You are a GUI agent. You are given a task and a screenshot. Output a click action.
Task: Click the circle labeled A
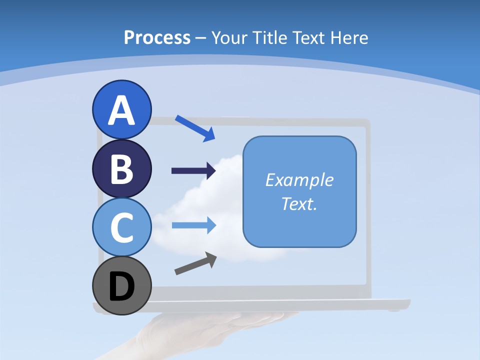[x=122, y=95]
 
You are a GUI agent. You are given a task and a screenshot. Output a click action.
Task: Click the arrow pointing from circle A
[x=195, y=128]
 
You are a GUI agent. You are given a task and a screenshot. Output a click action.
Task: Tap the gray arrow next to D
[x=195, y=264]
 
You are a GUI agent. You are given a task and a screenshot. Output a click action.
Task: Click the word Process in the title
[x=157, y=37]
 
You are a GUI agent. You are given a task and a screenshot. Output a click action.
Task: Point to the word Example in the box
[x=299, y=180]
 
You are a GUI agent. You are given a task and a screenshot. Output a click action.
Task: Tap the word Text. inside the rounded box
[x=299, y=204]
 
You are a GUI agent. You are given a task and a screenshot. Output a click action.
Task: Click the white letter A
[x=122, y=111]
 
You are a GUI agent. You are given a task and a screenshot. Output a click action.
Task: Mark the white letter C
[x=122, y=228]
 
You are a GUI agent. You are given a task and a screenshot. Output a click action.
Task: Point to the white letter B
[x=122, y=169]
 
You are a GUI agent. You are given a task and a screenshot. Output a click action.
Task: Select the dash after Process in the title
[x=200, y=38]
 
